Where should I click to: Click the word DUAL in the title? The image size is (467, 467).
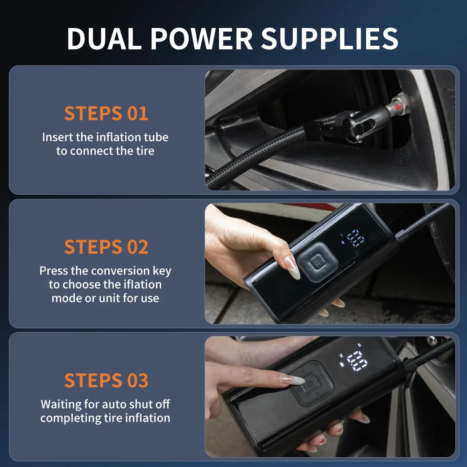coord(104,38)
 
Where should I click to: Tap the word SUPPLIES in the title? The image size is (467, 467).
coord(329,38)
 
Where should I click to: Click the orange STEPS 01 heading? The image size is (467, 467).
coord(106,113)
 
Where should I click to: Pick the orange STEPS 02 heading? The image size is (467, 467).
coord(106,247)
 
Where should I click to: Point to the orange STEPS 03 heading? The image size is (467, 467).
coord(106,380)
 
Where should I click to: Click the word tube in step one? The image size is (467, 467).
coord(156,137)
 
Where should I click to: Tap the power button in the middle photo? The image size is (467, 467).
coord(318,262)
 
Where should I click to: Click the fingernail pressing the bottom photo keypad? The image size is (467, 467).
coord(293,380)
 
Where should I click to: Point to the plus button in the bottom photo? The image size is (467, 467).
coord(318,394)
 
